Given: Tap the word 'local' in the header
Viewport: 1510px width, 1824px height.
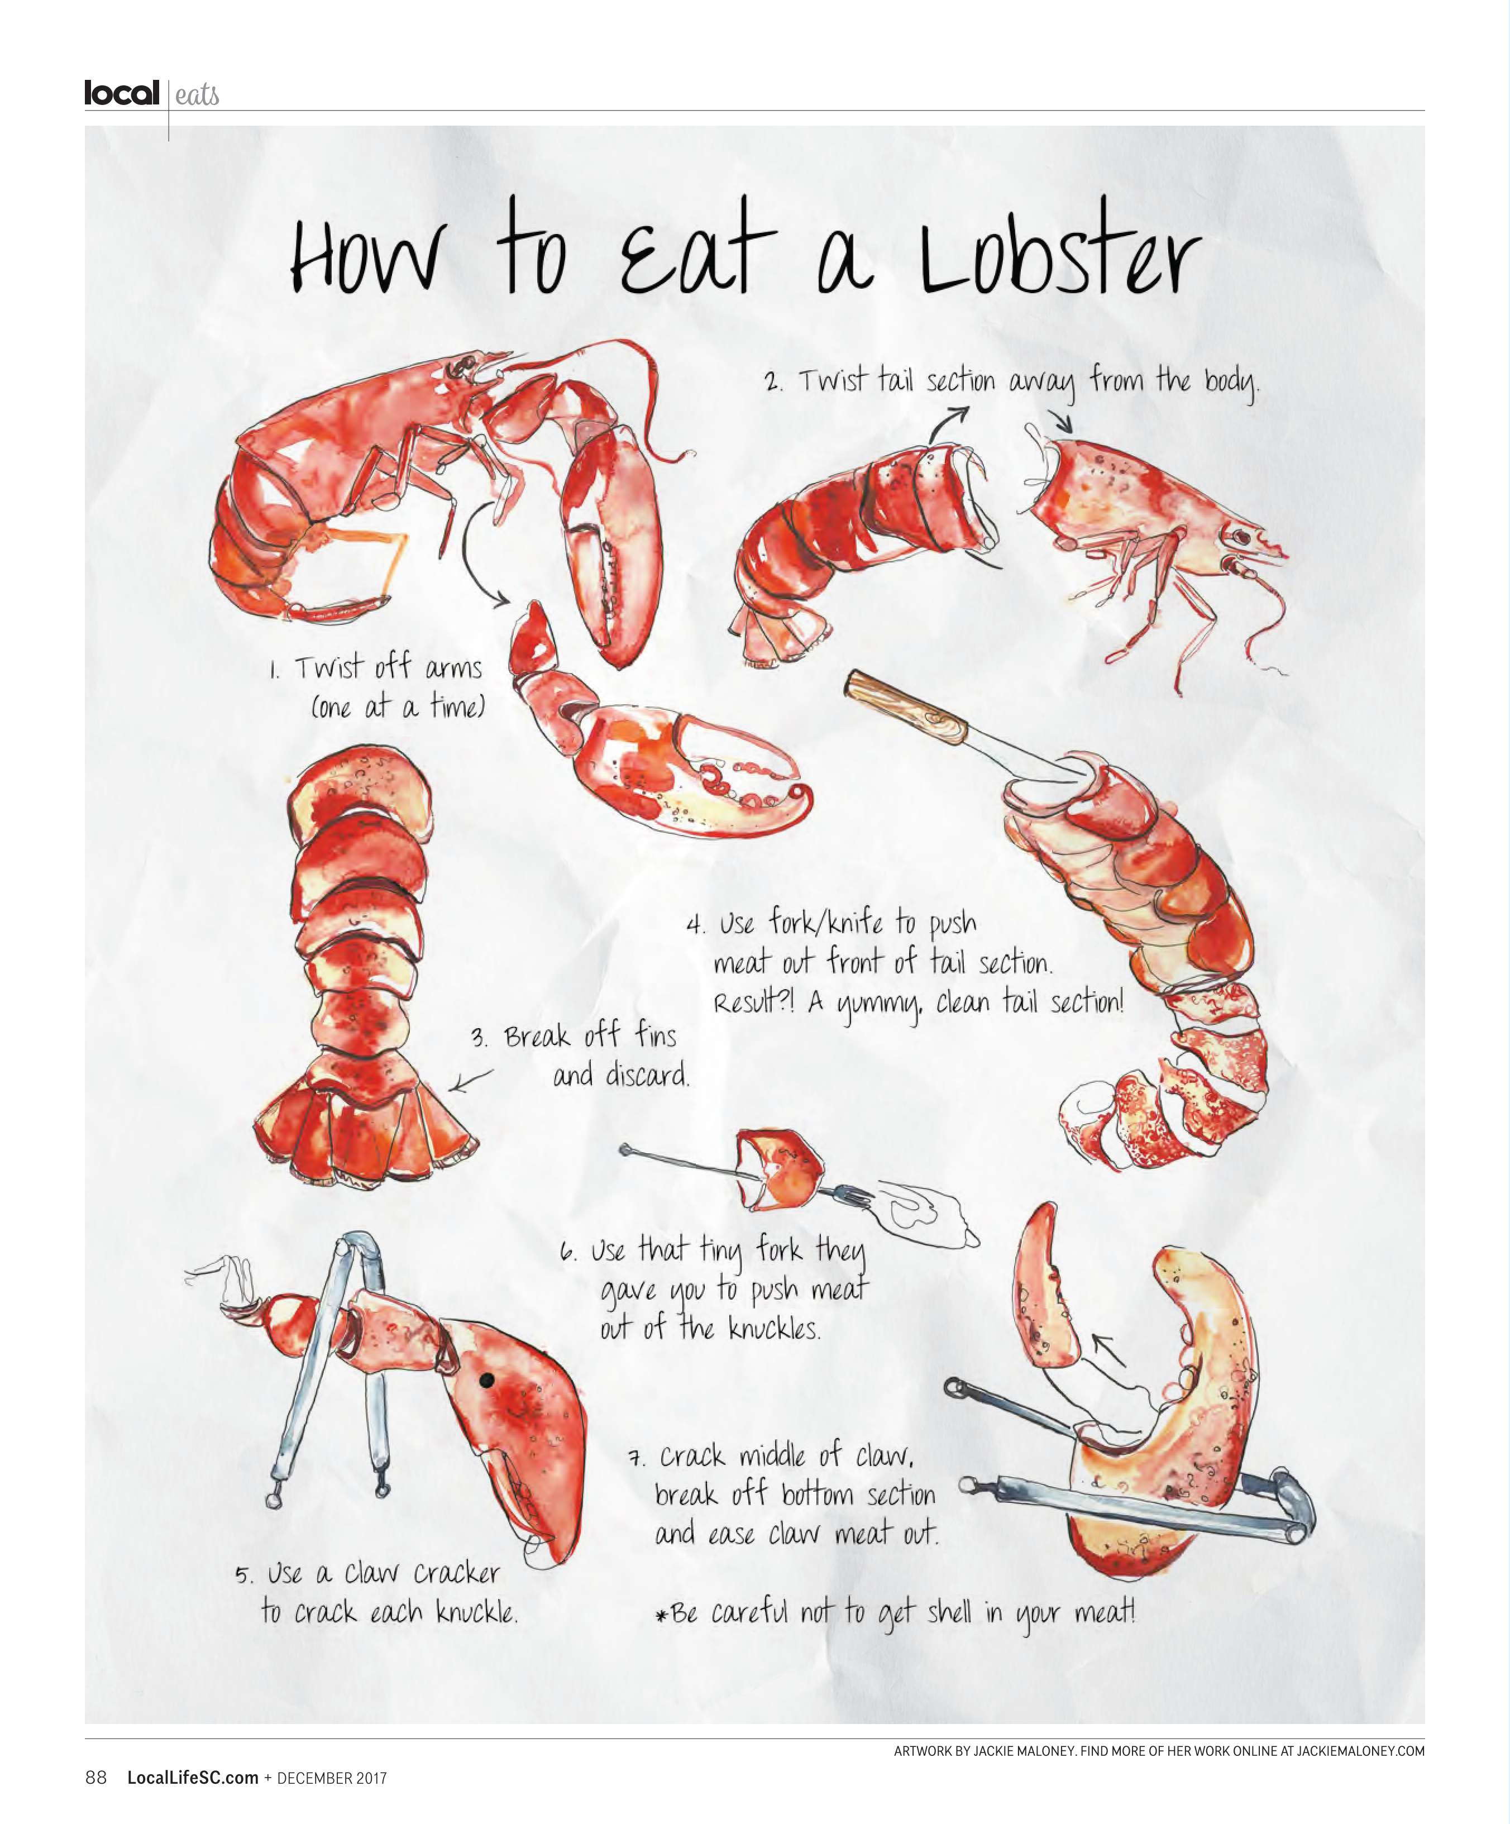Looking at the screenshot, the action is tap(122, 92).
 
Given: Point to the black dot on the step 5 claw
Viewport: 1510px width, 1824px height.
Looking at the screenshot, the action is tap(487, 1379).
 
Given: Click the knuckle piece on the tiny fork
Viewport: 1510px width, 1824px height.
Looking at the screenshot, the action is tap(778, 1170).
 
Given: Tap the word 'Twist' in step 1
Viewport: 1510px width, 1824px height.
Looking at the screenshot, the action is tap(328, 667).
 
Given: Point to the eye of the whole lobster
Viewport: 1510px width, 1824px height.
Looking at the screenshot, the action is tap(457, 369).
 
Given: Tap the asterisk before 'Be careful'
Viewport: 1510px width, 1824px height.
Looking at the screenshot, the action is tap(662, 1616).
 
